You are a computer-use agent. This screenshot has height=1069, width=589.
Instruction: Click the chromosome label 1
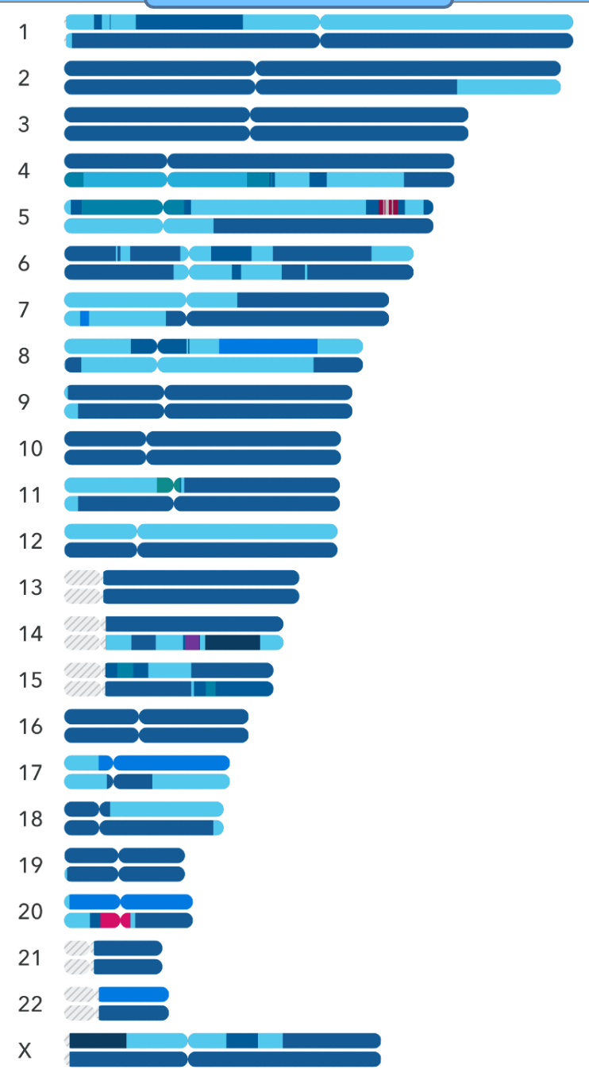coord(24,32)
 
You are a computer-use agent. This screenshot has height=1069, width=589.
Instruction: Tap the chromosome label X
coord(25,1051)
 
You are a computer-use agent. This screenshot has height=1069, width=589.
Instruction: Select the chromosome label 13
coord(30,588)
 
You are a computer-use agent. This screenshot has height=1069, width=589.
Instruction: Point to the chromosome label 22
coord(30,1005)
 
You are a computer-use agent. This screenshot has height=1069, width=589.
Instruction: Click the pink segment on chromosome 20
coord(111,920)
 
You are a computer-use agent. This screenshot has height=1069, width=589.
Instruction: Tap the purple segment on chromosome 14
coord(192,643)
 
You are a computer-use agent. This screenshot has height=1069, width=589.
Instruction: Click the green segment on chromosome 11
coord(165,484)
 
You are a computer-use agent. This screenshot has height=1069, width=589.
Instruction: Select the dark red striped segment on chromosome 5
coord(389,207)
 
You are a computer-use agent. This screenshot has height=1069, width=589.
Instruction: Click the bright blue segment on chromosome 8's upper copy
coord(268,346)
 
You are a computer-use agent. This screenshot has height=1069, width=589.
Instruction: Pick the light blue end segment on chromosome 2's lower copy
coord(508,87)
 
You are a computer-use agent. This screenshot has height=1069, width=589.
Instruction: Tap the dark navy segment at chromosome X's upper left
coord(98,1040)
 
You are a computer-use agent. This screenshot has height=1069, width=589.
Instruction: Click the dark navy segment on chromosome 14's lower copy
coord(233,643)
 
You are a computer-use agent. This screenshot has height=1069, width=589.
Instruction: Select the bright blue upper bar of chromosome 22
coord(133,994)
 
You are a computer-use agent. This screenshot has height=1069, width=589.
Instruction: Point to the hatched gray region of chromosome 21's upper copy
coord(78,948)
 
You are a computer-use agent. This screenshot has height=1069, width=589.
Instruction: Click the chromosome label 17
coord(30,773)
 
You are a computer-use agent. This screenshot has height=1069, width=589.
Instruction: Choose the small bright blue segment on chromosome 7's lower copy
coord(84,318)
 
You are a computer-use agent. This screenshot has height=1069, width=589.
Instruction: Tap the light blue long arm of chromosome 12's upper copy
coord(237,531)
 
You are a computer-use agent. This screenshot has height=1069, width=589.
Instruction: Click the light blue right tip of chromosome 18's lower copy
coord(218,828)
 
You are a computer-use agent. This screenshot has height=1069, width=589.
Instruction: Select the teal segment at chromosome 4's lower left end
coord(74,179)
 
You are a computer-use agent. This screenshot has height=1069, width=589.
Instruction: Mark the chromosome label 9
coord(30,403)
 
